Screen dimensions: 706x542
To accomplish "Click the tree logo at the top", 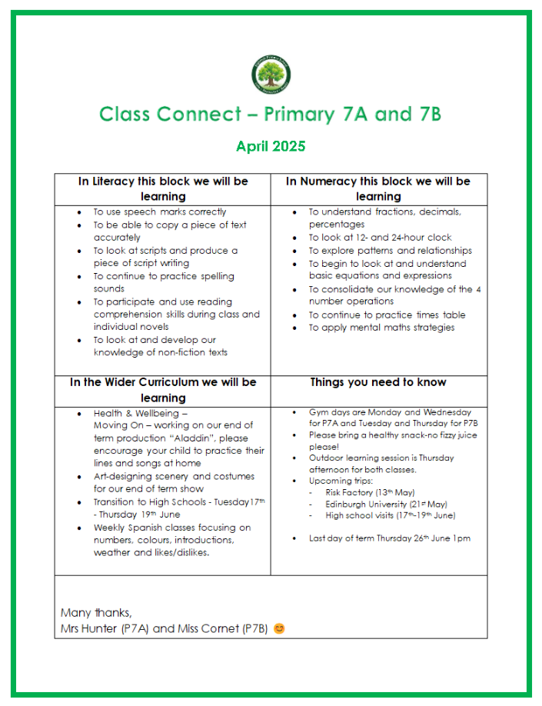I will click(271, 75).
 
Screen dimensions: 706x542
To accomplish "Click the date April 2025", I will click(271, 146).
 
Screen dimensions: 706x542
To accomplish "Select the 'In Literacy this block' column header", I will click(163, 188).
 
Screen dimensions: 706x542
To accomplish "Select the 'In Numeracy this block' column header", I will click(378, 188).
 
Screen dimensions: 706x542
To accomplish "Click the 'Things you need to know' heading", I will click(378, 382).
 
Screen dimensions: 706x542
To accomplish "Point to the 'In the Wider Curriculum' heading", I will click(163, 389).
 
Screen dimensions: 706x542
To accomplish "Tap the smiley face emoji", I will click(279, 628).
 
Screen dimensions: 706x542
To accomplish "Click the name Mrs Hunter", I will click(89, 628).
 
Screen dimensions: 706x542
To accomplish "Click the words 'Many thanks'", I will click(96, 613).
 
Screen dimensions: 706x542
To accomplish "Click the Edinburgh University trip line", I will click(375, 504).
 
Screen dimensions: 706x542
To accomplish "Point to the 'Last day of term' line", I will click(389, 538).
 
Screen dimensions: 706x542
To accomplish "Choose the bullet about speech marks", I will click(160, 211).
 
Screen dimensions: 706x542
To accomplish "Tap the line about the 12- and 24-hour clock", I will click(380, 238).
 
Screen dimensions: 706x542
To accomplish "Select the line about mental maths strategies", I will click(381, 328).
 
